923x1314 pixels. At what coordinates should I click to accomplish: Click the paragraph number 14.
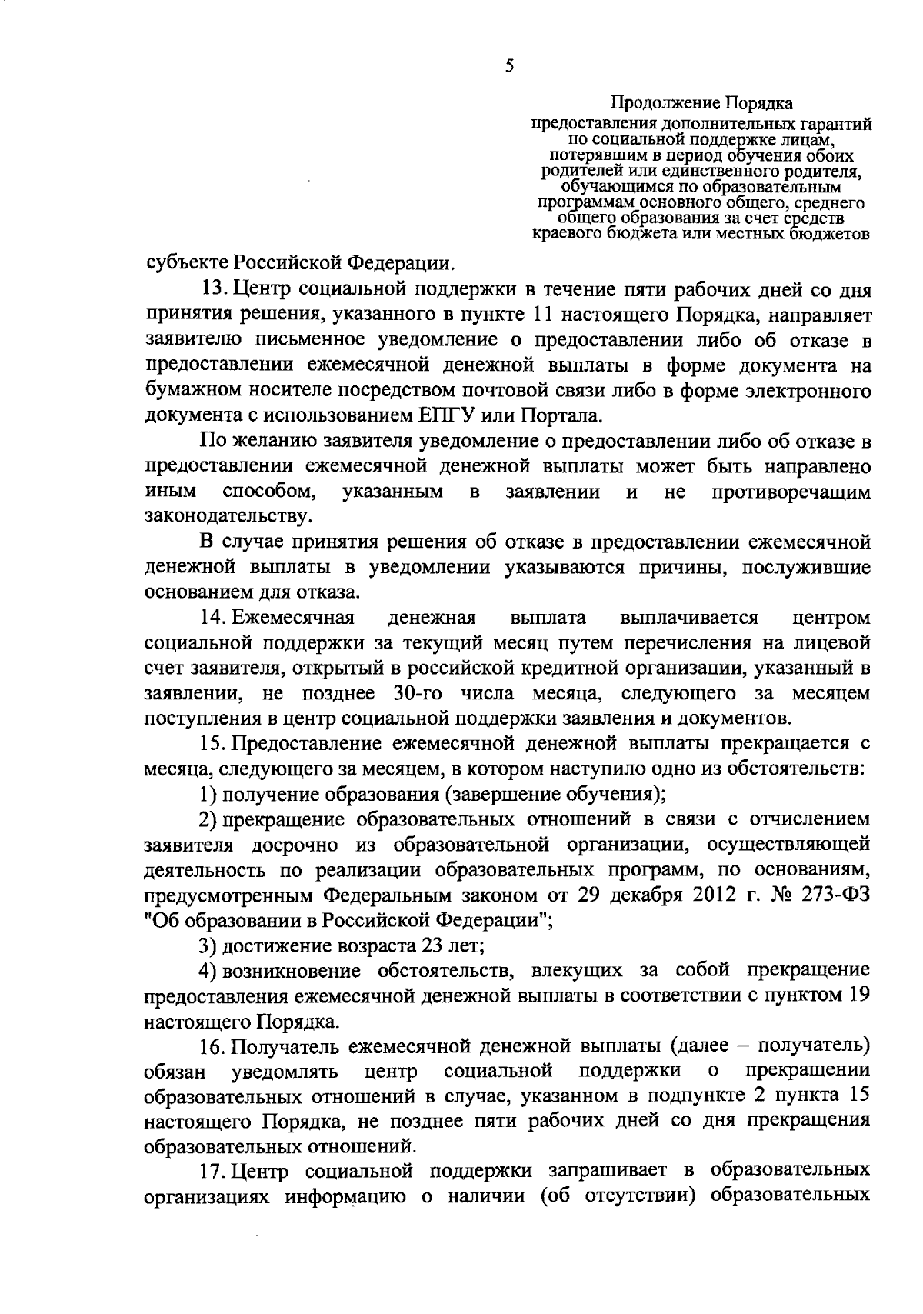click(x=213, y=618)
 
